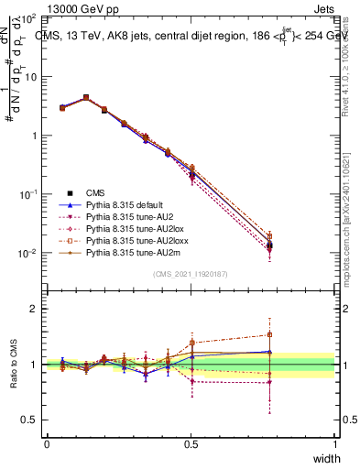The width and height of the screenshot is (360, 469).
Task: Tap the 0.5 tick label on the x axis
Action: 191,444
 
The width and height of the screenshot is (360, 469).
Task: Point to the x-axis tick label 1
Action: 334,444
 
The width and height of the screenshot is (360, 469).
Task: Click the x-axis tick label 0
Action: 47,444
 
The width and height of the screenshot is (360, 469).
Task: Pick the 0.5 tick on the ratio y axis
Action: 29,420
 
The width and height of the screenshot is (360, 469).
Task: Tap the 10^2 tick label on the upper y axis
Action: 28,18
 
